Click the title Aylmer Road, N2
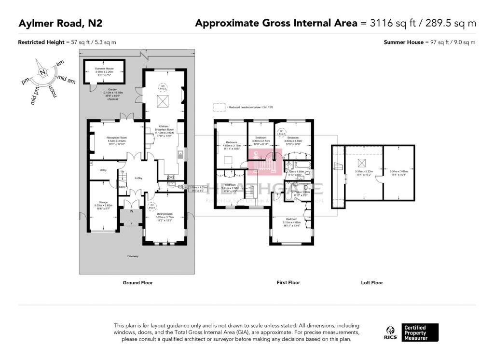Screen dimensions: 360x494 click(x=60, y=23)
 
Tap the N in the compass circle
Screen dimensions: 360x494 click(x=43, y=72)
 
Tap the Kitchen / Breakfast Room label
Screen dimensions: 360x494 click(x=164, y=128)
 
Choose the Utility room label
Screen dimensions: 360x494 click(x=103, y=170)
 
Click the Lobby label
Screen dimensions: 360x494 click(x=138, y=178)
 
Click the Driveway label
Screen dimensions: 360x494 click(x=133, y=256)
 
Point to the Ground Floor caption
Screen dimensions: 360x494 click(x=138, y=283)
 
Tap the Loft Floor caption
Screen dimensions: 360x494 click(x=372, y=283)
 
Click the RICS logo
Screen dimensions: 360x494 click(x=391, y=333)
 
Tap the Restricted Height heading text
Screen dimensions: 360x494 click(x=41, y=42)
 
